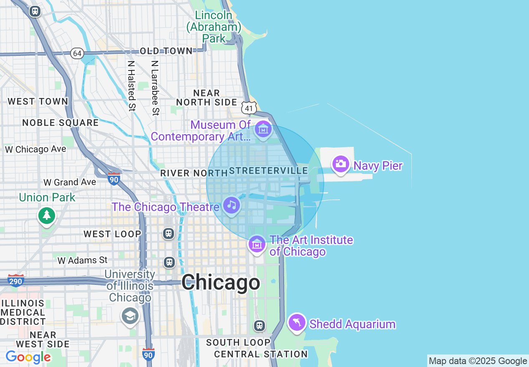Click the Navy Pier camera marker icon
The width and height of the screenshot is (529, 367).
[x=341, y=164]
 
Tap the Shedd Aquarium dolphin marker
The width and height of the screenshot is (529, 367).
[x=297, y=322]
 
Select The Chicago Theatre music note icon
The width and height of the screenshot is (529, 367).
[x=232, y=205]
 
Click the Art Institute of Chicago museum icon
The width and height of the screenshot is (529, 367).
[x=257, y=244]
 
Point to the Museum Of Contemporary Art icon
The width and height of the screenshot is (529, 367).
[x=263, y=130]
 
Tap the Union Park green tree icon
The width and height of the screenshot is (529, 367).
[x=47, y=216]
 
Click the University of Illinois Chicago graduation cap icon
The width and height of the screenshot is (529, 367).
[x=130, y=316]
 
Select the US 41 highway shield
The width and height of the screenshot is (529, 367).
[x=249, y=108]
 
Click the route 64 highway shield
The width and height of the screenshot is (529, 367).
[x=77, y=53]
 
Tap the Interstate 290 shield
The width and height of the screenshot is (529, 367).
[x=15, y=281]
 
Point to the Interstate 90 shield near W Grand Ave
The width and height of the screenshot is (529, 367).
[x=113, y=179]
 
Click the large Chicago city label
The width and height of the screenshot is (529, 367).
[x=221, y=283]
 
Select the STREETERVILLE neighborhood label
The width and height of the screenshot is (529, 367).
[x=268, y=171]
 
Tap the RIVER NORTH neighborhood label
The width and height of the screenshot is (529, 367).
[x=192, y=173]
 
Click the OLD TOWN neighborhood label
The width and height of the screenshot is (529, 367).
[x=166, y=51]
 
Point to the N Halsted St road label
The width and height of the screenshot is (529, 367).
[x=132, y=85]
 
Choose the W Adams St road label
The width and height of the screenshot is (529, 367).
[x=83, y=260]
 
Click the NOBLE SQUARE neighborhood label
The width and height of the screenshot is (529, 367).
[x=60, y=123]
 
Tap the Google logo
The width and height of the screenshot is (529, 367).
[x=28, y=357]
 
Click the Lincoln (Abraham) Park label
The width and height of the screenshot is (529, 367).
[x=214, y=27]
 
